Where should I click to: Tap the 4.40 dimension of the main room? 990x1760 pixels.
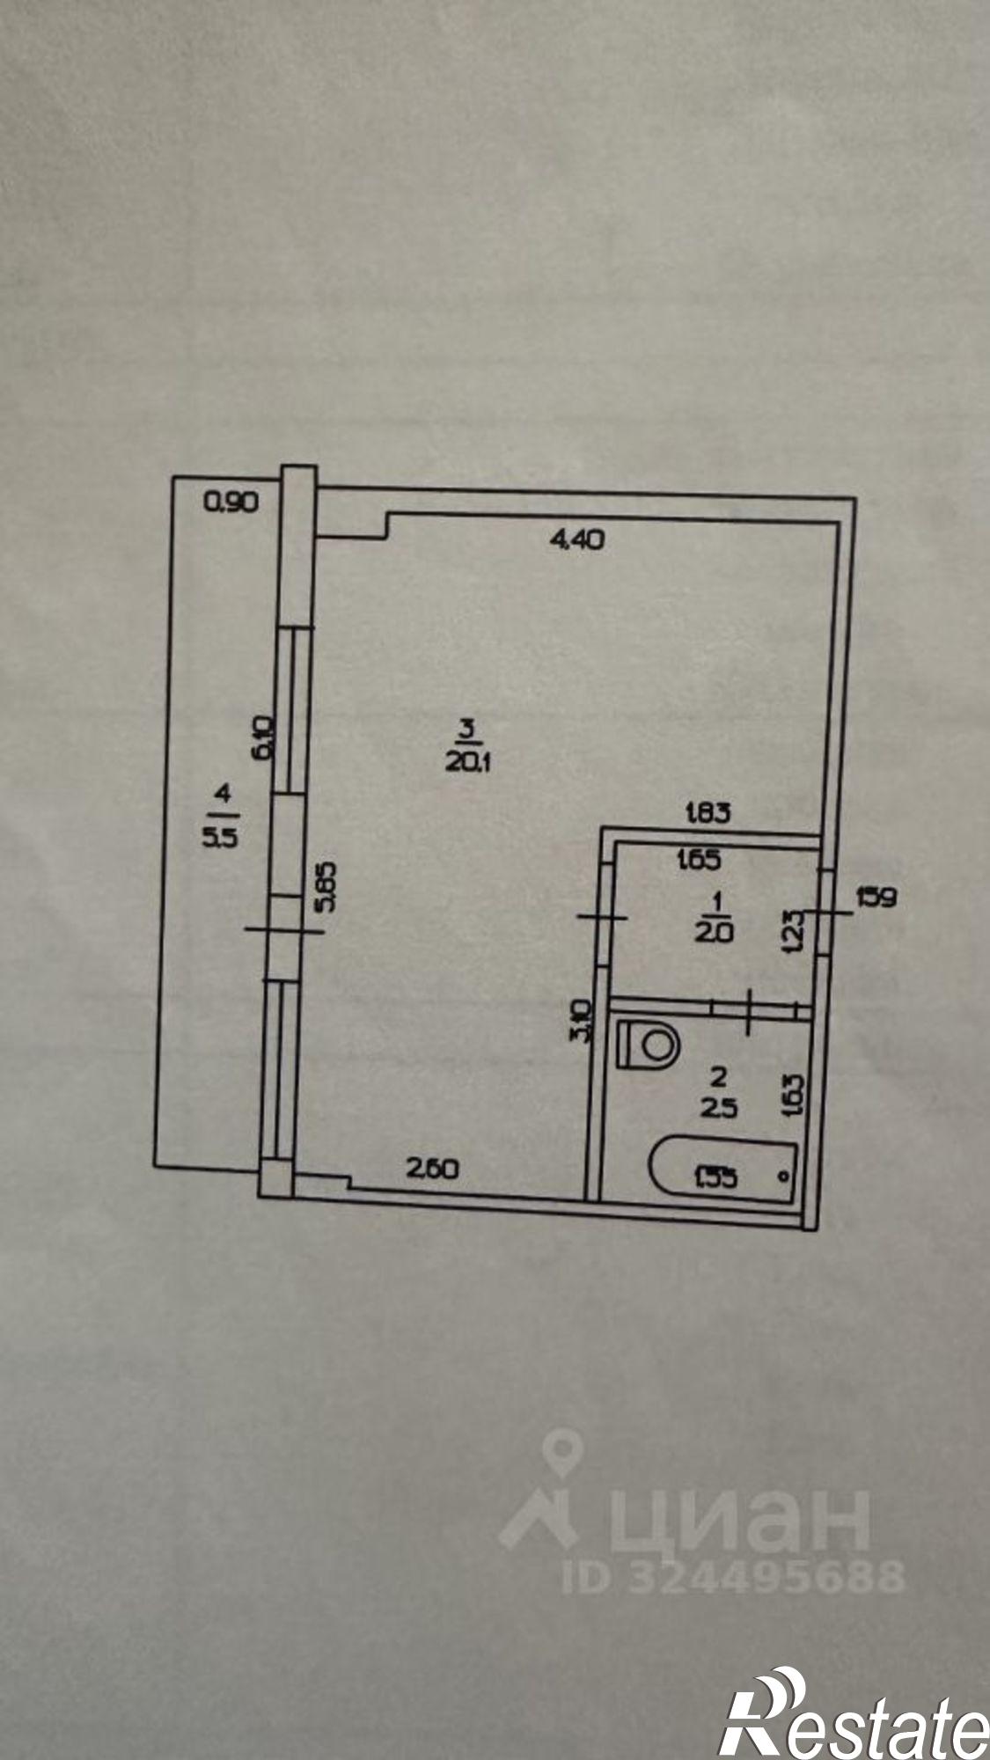tap(576, 540)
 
